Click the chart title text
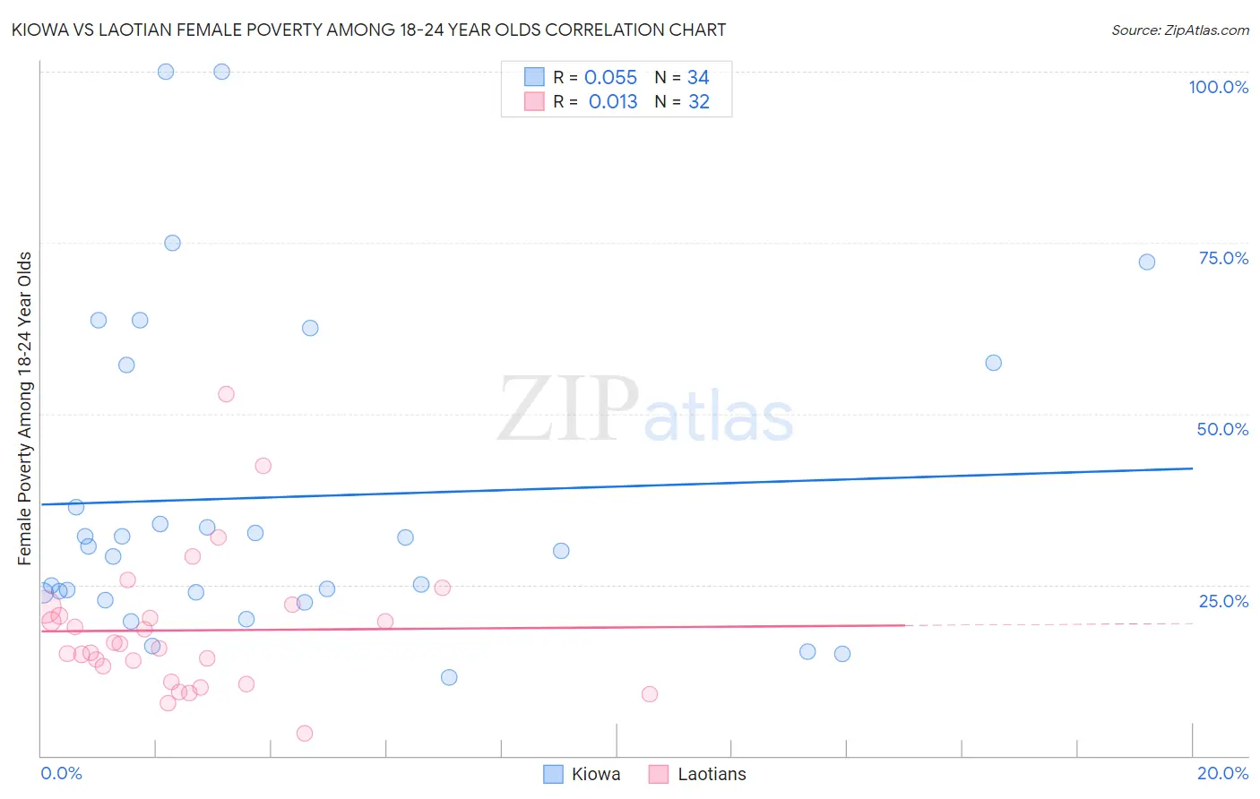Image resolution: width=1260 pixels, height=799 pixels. pyautogui.click(x=368, y=30)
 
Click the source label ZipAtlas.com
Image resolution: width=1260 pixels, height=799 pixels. pyautogui.click(x=1179, y=30)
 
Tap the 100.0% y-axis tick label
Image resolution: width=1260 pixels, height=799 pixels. pyautogui.click(x=1218, y=87)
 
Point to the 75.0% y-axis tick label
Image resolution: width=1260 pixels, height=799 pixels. pyautogui.click(x=1223, y=258)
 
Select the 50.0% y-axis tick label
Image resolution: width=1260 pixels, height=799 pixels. pyautogui.click(x=1222, y=429)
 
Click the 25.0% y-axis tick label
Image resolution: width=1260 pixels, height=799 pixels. pyautogui.click(x=1223, y=601)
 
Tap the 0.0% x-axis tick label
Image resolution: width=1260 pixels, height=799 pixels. pyautogui.click(x=61, y=773)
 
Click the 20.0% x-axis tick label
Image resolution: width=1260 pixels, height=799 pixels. pyautogui.click(x=1222, y=773)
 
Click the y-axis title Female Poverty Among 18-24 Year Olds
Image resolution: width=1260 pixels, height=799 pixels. pyautogui.click(x=25, y=408)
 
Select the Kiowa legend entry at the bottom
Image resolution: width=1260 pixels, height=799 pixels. pyautogui.click(x=583, y=774)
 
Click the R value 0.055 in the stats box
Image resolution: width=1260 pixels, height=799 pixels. pyautogui.click(x=610, y=78)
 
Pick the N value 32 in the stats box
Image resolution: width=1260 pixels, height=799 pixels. pyautogui.click(x=698, y=102)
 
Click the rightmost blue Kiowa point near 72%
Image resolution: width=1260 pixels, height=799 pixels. pyautogui.click(x=1146, y=262)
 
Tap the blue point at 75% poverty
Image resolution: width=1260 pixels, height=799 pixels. pyautogui.click(x=172, y=243)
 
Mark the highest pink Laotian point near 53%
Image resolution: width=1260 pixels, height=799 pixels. pyautogui.click(x=226, y=394)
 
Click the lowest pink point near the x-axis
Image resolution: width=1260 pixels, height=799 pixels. pyautogui.click(x=305, y=734)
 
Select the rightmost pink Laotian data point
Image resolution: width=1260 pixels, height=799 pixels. pyautogui.click(x=650, y=694)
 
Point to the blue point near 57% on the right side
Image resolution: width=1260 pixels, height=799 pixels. pyautogui.click(x=993, y=363)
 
